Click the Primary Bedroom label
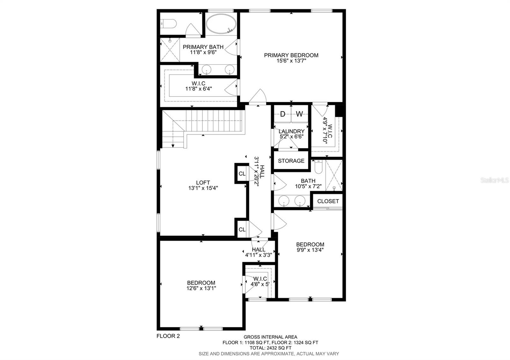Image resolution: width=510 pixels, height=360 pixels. tap(291, 55)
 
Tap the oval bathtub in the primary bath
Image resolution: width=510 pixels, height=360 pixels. tap(221, 24)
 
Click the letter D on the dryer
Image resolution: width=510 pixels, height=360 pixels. tap(283, 114)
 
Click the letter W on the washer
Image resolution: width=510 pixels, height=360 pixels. tap(299, 114)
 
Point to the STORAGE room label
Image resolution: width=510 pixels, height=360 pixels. tap(291, 161)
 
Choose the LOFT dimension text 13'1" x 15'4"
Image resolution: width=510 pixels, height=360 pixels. tap(203, 188)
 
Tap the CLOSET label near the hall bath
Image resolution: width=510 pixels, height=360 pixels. tap(328, 201)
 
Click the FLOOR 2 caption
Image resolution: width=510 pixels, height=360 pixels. tap(168, 336)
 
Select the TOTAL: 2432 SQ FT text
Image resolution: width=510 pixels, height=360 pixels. tap(270, 348)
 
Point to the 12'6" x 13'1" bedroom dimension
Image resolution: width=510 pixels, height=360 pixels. tap(201, 288)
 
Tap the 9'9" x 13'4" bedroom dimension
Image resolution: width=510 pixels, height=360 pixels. tap(310, 250)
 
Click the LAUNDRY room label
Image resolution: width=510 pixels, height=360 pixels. tap(291, 131)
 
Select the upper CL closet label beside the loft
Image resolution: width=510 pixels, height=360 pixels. tap(242, 174)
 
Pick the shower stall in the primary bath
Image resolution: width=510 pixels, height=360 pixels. tap(170, 50)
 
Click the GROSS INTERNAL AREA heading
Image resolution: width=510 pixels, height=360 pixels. tap(270, 337)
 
